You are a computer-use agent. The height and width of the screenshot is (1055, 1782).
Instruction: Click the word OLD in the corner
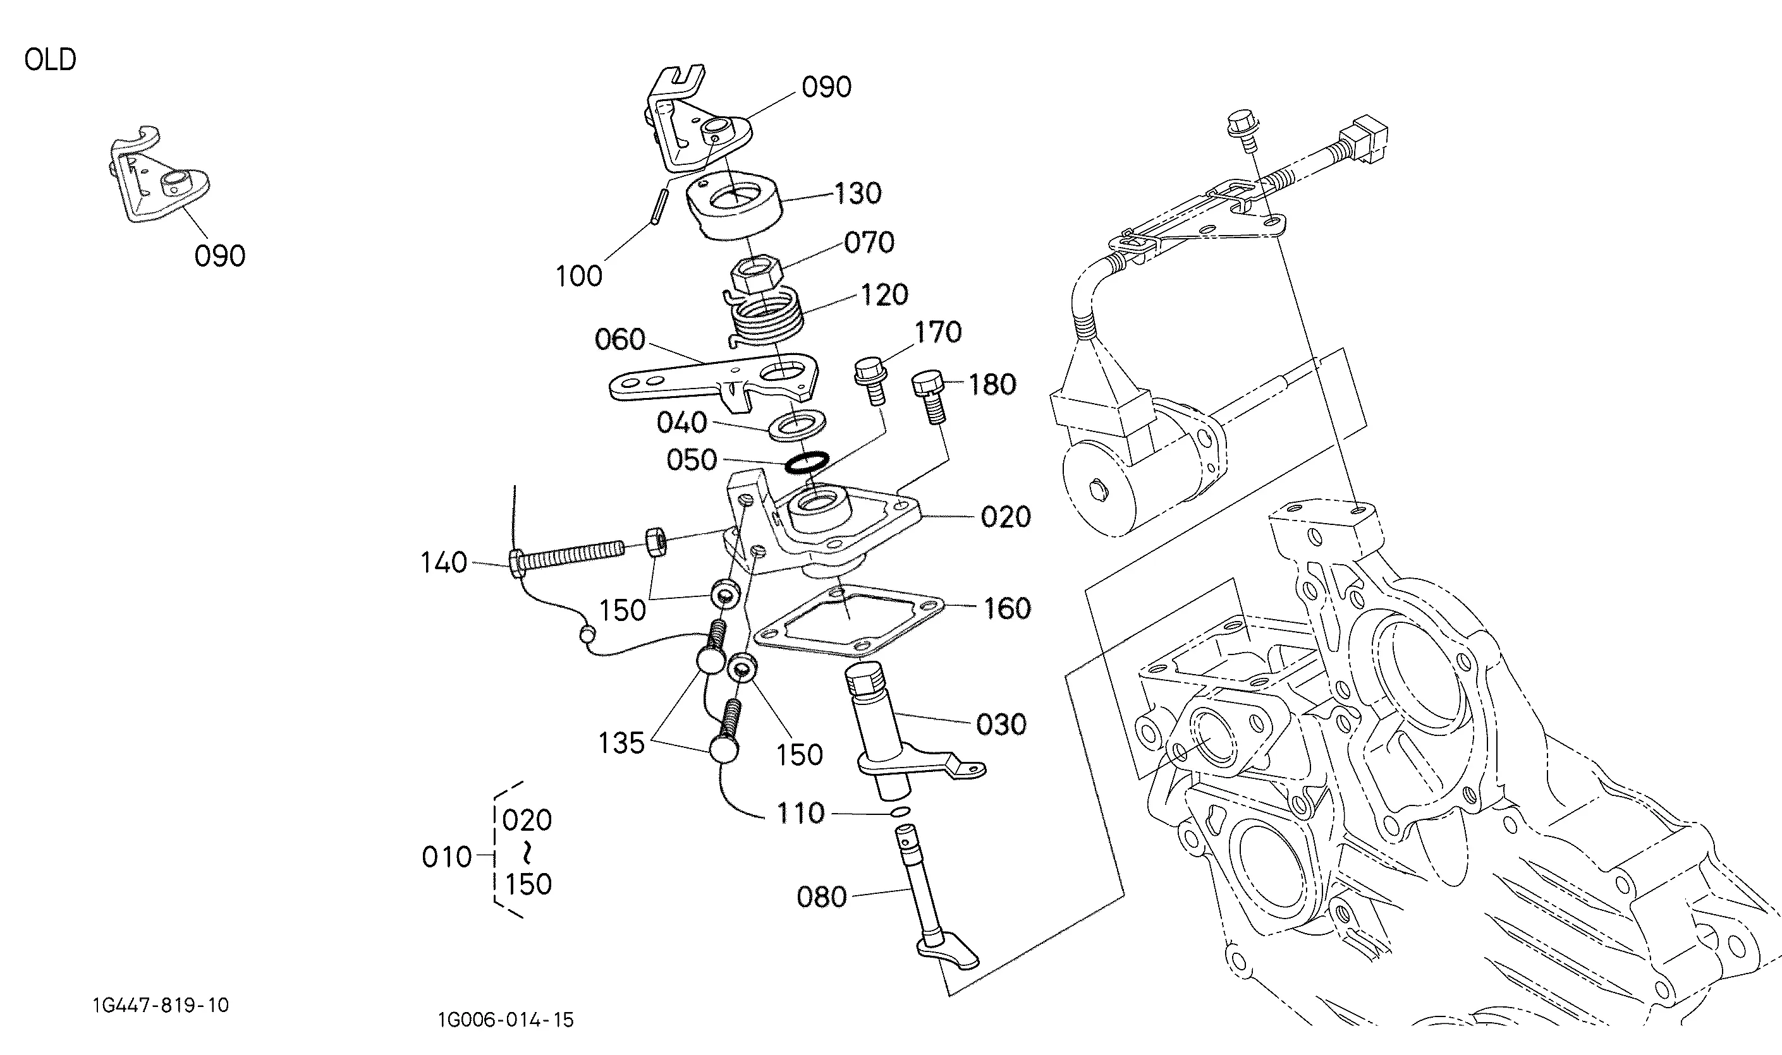[x=50, y=60]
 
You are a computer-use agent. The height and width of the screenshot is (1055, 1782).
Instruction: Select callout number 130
[x=857, y=193]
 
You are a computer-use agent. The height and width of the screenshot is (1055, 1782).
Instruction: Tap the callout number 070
[x=869, y=243]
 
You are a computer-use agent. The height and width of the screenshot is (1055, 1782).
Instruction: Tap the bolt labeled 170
[x=870, y=382]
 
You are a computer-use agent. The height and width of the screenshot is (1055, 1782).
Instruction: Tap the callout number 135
[x=621, y=744]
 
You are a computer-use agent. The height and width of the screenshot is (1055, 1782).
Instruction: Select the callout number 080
[x=822, y=897]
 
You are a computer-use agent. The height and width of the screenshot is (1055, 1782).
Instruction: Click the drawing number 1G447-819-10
[x=161, y=1005]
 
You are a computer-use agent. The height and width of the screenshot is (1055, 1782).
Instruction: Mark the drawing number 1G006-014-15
[x=506, y=1020]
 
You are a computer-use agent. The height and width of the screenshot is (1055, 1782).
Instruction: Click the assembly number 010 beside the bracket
[x=447, y=857]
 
